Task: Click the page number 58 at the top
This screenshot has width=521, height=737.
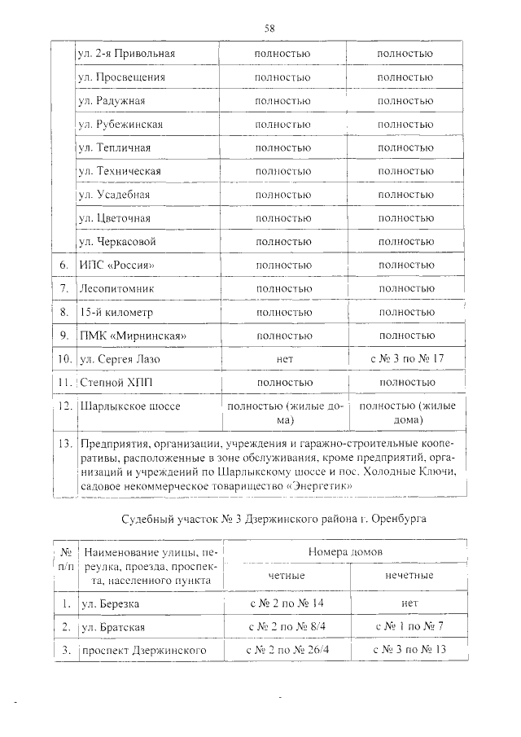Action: coord(269,28)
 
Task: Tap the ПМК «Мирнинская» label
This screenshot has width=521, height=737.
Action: coord(135,336)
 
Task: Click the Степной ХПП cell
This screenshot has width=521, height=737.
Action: coord(114,382)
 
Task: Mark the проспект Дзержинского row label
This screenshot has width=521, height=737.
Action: coord(140,651)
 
